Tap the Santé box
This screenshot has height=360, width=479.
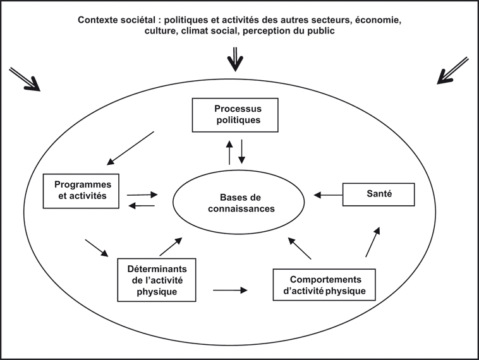point(379,195)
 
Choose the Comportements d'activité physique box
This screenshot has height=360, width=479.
point(324,286)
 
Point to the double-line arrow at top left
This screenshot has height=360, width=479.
point(25,78)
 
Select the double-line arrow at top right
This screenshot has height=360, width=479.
point(452,70)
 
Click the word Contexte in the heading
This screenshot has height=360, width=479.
point(99,20)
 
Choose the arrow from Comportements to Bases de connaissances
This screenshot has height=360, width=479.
point(300,249)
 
